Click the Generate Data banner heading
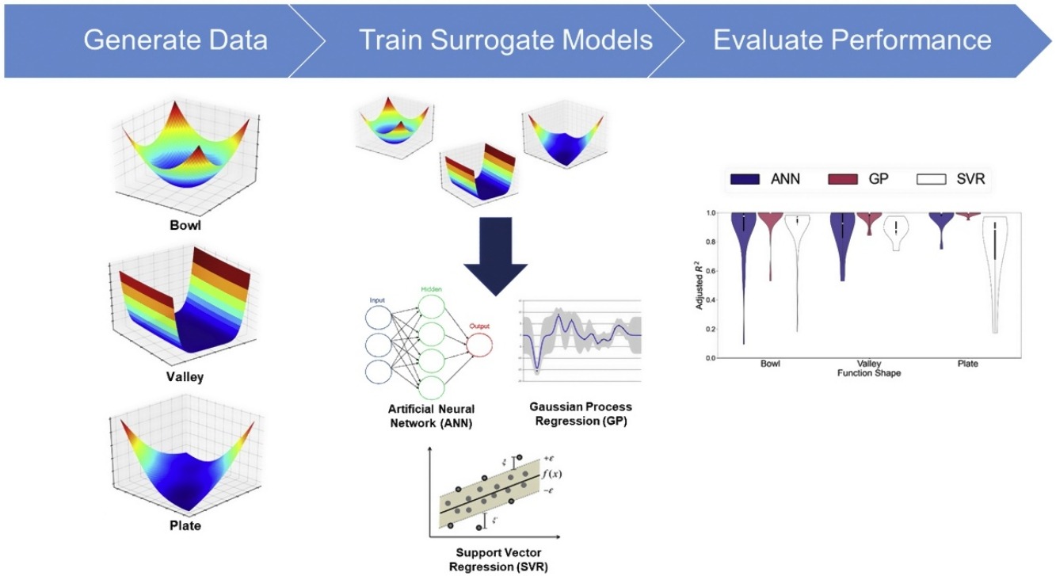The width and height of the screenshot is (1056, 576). [175, 40]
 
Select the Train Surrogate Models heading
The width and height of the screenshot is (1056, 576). [506, 40]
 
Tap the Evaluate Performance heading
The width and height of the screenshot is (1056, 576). [852, 40]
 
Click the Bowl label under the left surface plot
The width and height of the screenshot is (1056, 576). [186, 224]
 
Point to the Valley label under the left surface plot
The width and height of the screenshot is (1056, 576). [185, 376]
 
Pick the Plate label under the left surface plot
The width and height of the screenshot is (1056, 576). [185, 525]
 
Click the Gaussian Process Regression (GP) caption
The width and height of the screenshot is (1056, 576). [581, 414]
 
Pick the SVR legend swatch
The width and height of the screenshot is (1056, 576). [932, 179]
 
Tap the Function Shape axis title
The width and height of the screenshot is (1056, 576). [869, 373]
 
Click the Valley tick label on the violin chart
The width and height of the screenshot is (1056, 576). [869, 364]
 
